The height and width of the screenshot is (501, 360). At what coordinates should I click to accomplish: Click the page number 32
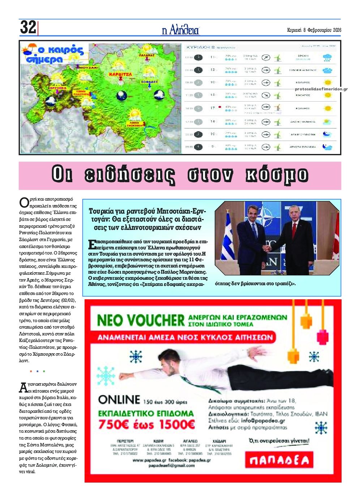click(28, 27)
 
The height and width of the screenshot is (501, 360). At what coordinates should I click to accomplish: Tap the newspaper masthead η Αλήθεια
click(180, 30)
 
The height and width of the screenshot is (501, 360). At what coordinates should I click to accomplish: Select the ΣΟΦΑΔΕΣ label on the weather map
click(150, 82)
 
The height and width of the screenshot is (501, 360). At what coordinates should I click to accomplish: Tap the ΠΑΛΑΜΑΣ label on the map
click(146, 55)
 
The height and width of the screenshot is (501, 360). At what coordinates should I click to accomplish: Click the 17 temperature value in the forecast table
click(213, 108)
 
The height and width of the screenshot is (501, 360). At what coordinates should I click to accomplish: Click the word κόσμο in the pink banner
click(277, 175)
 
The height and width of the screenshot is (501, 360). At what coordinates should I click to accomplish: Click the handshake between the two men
click(267, 248)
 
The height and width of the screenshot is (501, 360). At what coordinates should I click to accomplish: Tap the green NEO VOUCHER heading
click(141, 320)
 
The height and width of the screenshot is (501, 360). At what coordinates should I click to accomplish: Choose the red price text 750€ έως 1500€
click(146, 424)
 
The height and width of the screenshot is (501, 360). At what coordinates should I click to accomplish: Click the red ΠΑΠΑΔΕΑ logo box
click(279, 460)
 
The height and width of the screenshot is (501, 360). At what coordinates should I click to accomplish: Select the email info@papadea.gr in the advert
click(263, 420)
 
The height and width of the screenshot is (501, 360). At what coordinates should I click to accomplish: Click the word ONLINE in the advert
click(119, 400)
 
